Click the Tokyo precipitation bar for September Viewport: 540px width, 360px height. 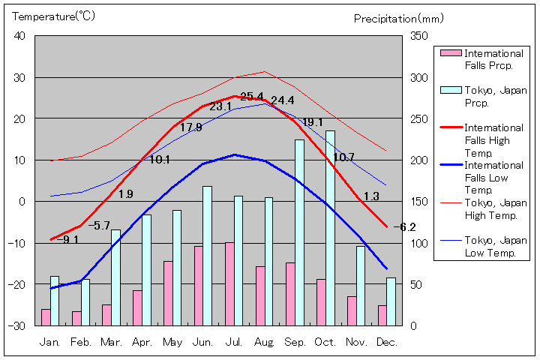pyautogui.click(x=299, y=232)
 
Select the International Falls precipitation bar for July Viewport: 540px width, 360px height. pyautogui.click(x=229, y=283)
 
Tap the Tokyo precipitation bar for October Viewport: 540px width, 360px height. pyautogui.click(x=330, y=228)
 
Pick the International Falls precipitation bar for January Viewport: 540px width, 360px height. pyautogui.click(x=46, y=317)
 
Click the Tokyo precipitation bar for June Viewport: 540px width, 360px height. pyautogui.click(x=207, y=256)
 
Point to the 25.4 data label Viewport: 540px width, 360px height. pyautogui.click(x=252, y=97)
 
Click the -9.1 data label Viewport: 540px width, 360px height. pyautogui.click(x=67, y=240)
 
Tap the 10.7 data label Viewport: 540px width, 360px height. pyautogui.click(x=343, y=157)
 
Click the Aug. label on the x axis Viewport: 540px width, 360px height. pyautogui.click(x=264, y=342)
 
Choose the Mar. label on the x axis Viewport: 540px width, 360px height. pyautogui.click(x=112, y=342)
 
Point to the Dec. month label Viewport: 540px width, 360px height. pyautogui.click(x=387, y=342)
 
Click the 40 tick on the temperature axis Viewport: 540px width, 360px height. pyautogui.click(x=19, y=36)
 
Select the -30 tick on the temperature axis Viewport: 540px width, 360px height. pyautogui.click(x=16, y=325)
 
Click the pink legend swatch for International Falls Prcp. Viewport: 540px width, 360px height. pyautogui.click(x=450, y=53)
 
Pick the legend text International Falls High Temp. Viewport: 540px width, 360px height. pyautogui.click(x=493, y=140)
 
